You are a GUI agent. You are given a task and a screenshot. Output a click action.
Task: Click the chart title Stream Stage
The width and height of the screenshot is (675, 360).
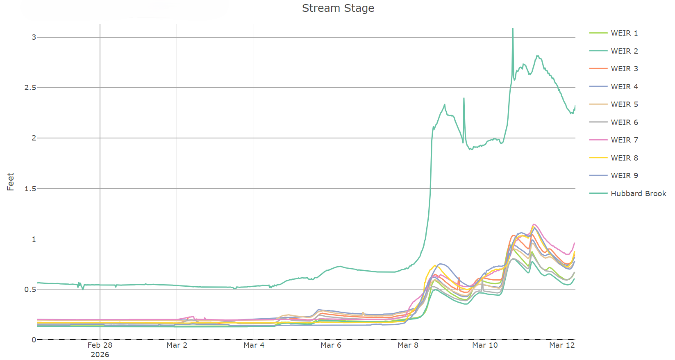338,8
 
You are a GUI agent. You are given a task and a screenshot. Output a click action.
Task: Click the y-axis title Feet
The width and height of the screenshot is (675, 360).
11,181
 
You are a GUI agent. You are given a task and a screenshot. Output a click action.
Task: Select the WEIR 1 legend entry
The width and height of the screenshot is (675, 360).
624,33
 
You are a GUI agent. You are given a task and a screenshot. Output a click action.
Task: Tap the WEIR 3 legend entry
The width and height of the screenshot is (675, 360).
624,69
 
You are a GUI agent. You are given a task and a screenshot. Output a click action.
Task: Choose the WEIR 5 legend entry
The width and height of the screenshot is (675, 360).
624,104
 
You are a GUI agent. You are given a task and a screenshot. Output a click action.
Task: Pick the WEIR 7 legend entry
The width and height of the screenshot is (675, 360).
624,140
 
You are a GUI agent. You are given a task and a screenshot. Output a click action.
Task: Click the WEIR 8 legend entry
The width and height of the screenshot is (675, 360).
624,158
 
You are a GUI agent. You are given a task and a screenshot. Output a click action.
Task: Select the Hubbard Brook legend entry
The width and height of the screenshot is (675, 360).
638,194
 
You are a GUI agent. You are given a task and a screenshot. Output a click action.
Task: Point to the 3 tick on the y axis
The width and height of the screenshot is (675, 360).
34,37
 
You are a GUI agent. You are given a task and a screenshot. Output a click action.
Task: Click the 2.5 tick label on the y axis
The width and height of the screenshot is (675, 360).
30,88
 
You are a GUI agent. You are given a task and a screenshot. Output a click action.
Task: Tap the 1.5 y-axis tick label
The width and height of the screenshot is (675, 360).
30,188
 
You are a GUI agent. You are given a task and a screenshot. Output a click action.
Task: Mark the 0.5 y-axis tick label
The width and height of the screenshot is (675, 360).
30,289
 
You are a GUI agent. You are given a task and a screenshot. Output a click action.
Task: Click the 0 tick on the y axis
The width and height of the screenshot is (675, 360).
34,340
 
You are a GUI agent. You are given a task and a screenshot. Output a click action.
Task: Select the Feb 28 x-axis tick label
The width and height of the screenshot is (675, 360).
100,345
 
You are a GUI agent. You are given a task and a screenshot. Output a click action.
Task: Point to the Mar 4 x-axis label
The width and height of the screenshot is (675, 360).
254,345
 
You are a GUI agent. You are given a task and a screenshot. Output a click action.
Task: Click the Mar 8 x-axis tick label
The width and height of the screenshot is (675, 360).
408,345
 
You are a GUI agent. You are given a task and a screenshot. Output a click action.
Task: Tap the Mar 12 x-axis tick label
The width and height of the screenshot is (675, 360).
562,345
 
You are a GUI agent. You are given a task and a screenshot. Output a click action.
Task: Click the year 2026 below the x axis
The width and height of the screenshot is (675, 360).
100,355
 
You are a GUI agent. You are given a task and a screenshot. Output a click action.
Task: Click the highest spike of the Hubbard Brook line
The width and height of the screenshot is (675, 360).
513,29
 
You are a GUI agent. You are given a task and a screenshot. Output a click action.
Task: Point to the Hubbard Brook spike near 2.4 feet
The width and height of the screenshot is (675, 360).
464,99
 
